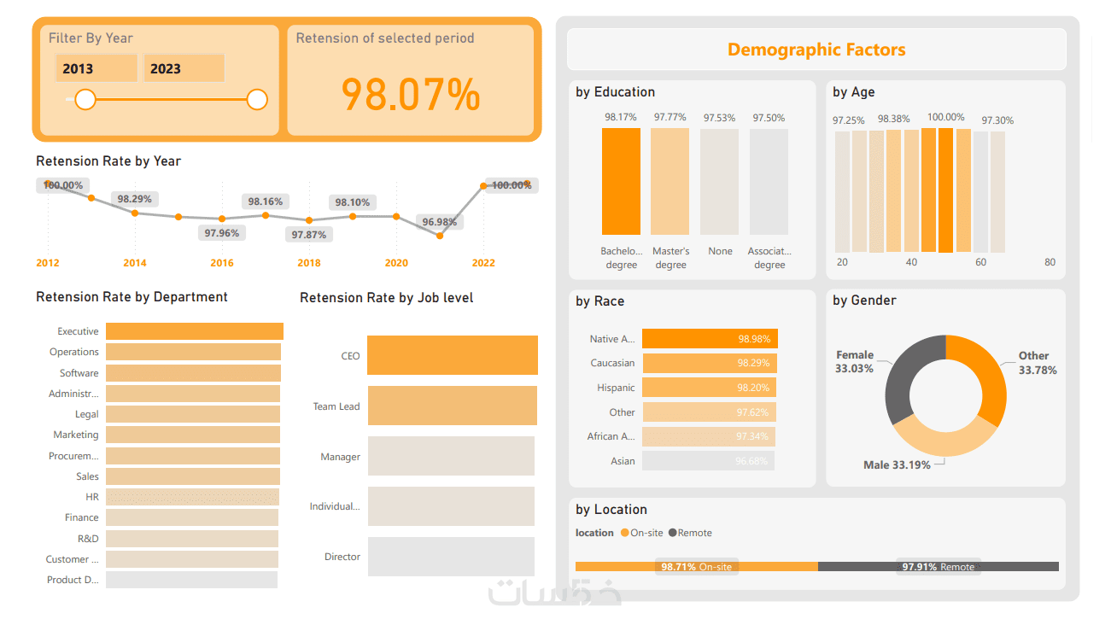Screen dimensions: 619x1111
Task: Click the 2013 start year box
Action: point(96,69)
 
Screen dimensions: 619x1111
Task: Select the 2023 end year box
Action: point(184,69)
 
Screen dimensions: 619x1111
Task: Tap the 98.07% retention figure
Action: point(411,94)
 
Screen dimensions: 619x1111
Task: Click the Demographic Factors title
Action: point(816,50)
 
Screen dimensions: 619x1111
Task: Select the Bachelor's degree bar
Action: point(621,181)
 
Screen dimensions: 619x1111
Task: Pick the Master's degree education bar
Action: point(670,181)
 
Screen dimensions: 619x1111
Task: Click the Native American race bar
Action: point(710,339)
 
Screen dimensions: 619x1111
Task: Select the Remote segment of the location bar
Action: point(938,566)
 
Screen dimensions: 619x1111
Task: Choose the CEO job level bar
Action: point(453,355)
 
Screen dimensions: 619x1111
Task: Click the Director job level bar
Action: point(451,557)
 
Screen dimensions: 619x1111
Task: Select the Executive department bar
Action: point(195,331)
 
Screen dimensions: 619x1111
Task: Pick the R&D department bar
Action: point(192,539)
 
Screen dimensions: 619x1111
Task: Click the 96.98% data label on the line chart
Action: point(439,222)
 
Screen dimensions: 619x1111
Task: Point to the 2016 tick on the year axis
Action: point(222,263)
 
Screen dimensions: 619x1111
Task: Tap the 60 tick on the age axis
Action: point(980,262)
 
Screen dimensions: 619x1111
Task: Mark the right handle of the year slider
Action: point(257,100)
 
